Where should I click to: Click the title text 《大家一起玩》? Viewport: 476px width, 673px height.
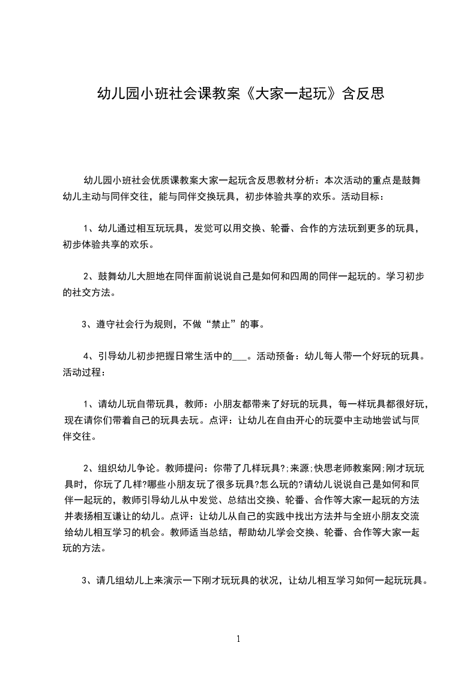click(288, 94)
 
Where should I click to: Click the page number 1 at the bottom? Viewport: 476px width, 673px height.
click(238, 639)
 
